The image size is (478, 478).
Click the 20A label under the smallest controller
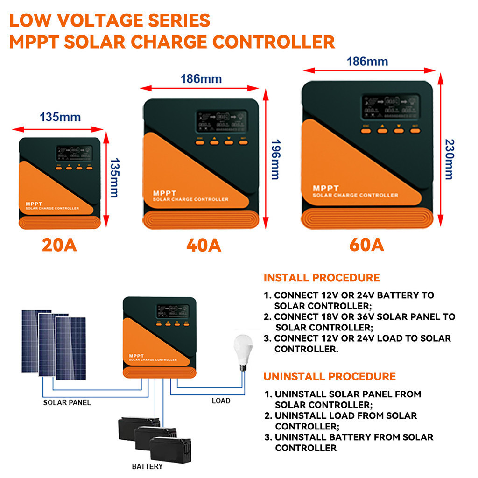[x=59, y=245]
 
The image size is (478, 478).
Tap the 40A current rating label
[x=204, y=245]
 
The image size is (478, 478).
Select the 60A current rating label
[x=366, y=245]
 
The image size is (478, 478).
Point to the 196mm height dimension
[x=275, y=159]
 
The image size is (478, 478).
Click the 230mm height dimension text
[x=449, y=159]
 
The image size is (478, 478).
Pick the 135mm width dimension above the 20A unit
[x=60, y=117]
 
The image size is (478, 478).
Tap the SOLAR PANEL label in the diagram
[x=67, y=402]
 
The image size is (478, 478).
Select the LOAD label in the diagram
[x=221, y=401]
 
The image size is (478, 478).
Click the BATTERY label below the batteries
[x=148, y=466]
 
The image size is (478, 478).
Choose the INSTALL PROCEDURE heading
[x=322, y=278]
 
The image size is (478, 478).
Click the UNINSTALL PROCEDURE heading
[x=330, y=376]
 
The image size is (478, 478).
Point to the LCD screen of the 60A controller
[x=391, y=107]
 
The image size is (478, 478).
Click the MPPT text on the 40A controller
[x=163, y=193]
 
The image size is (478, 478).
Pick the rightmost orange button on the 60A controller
[x=415, y=131]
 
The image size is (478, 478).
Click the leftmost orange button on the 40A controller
[x=200, y=142]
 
